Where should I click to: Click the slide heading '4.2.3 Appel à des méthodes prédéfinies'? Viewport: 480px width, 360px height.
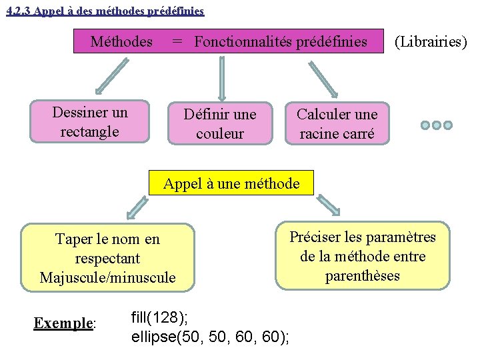(105, 11)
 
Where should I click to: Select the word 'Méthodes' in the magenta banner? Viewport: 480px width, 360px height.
(121, 42)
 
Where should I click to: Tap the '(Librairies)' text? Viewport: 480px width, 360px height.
(431, 42)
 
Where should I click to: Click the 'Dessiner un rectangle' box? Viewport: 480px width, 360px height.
(90, 122)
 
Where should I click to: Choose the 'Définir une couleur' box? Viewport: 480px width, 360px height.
(220, 124)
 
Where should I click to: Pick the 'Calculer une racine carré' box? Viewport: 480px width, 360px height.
(337, 124)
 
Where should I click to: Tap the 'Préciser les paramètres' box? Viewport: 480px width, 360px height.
(363, 256)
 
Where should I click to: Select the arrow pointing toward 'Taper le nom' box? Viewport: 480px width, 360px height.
(137, 207)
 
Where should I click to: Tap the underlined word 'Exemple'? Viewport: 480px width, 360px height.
(63, 323)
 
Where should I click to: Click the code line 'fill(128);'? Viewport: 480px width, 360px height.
(159, 317)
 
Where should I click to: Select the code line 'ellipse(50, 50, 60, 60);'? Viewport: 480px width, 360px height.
(211, 336)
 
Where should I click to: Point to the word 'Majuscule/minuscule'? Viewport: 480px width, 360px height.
(107, 277)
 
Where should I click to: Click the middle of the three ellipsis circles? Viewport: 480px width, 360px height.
(437, 125)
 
